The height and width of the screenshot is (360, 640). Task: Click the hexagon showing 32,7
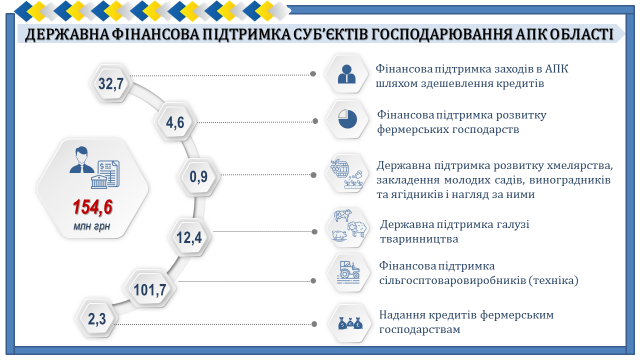point(111,83)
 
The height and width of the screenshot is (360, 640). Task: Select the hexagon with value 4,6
point(175,122)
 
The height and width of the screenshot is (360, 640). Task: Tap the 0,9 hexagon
point(199,176)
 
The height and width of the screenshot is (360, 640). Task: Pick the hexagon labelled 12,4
point(189,237)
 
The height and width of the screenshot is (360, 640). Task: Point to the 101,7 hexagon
point(150,289)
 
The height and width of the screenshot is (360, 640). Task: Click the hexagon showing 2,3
point(97,318)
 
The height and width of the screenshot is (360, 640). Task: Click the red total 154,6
point(93,207)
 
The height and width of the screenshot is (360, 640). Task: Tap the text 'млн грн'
point(92,226)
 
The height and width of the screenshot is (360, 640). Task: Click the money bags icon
point(350,323)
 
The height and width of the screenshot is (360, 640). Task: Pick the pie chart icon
point(348,119)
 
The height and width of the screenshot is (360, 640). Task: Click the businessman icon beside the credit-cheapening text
point(347,74)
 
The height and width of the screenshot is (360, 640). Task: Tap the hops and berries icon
point(346,174)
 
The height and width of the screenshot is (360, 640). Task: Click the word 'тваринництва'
point(419,239)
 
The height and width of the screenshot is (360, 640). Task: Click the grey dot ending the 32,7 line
point(313,74)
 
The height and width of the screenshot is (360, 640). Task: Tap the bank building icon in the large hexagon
point(99,180)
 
